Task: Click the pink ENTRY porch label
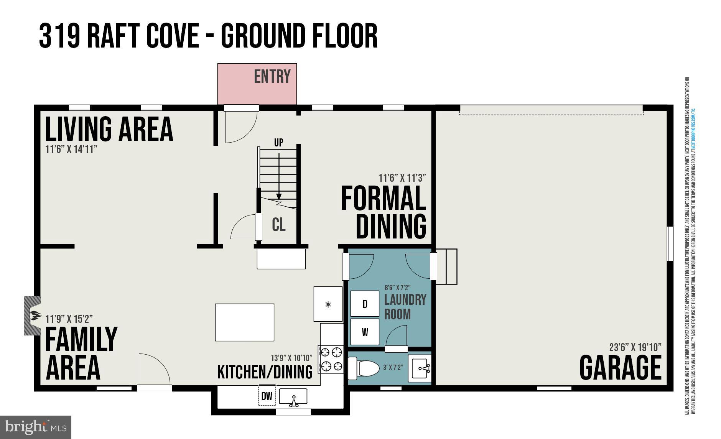point(272,77)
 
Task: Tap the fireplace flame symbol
point(35,316)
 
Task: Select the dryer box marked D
point(365,304)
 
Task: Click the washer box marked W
point(365,332)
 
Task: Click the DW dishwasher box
point(267,396)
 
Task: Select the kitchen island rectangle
point(244,322)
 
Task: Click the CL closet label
point(278,225)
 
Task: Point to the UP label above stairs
point(278,142)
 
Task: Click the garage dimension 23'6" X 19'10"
point(635,347)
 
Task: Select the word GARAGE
point(620,367)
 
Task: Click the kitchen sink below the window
point(293,397)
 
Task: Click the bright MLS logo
point(35,427)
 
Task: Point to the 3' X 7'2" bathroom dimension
point(393,367)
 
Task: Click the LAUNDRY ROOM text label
point(405,307)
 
